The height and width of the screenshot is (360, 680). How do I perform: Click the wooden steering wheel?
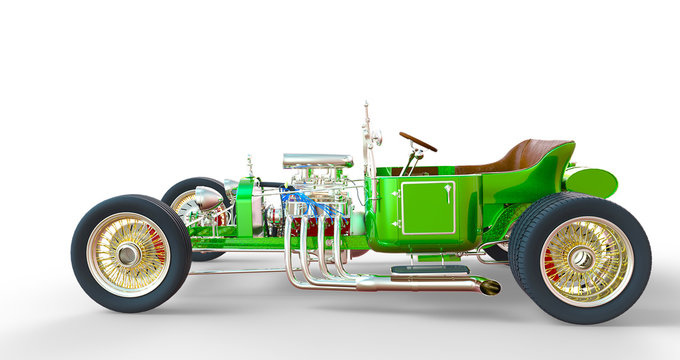coord(418,141)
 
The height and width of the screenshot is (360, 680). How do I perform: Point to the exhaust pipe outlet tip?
coord(489,288)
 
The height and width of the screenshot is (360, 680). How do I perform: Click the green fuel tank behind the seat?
coord(592,182)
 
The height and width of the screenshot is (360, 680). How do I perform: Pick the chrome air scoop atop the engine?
coord(317,160)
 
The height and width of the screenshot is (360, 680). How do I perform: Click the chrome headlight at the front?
coord(209,197)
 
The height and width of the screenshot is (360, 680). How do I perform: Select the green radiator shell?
coord(245,206)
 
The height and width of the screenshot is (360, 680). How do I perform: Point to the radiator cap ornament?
coord(249,164)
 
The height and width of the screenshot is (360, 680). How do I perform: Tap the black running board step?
coord(430,269)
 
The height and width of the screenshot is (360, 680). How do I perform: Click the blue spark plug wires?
coord(305,204)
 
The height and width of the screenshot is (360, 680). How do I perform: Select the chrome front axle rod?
coord(230,271)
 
